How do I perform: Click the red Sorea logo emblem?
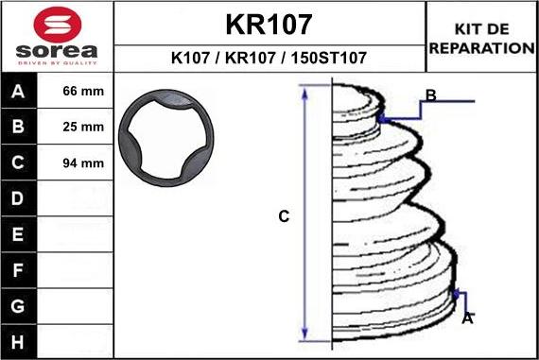pyautogui.click(x=58, y=25)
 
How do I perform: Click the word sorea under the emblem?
pyautogui.click(x=57, y=51)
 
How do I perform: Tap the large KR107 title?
pyautogui.click(x=269, y=25)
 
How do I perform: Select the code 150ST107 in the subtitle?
pyautogui.click(x=329, y=58)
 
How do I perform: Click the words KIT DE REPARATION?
pyautogui.click(x=482, y=39)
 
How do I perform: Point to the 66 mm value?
pyautogui.click(x=83, y=91)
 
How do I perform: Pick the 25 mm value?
pyautogui.click(x=83, y=127)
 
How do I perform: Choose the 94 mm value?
pyautogui.click(x=83, y=163)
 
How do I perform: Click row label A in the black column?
pyautogui.click(x=18, y=92)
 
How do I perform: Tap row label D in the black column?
pyautogui.click(x=18, y=198)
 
